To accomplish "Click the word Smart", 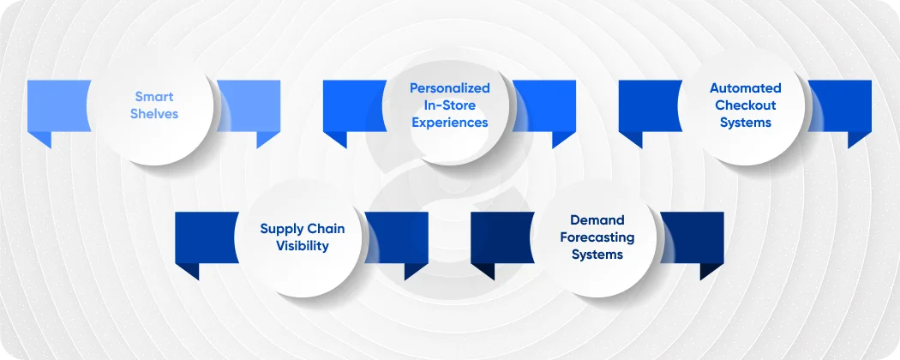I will click(x=154, y=97).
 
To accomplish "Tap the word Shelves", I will click(x=154, y=114).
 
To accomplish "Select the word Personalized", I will click(x=450, y=88).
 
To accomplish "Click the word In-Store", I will click(x=450, y=105).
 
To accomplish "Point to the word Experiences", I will click(x=450, y=123).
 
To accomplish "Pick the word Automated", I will click(x=746, y=88).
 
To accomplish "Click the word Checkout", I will click(x=746, y=105).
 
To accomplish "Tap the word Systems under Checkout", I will click(x=746, y=123).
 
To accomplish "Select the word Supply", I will click(x=282, y=229).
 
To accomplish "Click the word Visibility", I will click(x=303, y=246).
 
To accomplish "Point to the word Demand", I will click(x=597, y=220).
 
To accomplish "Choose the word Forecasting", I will click(x=597, y=237).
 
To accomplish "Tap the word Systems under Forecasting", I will click(x=597, y=255).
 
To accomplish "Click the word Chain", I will click(x=325, y=229).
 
